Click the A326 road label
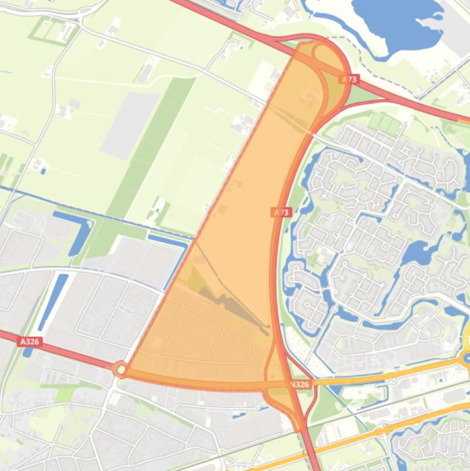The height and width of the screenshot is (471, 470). tap(30, 342)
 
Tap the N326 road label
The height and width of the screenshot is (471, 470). tap(300, 385)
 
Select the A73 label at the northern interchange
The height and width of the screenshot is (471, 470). tap(350, 80)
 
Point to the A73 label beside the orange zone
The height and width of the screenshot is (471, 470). tap(281, 212)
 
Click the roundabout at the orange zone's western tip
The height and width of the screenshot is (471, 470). tap(120, 369)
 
